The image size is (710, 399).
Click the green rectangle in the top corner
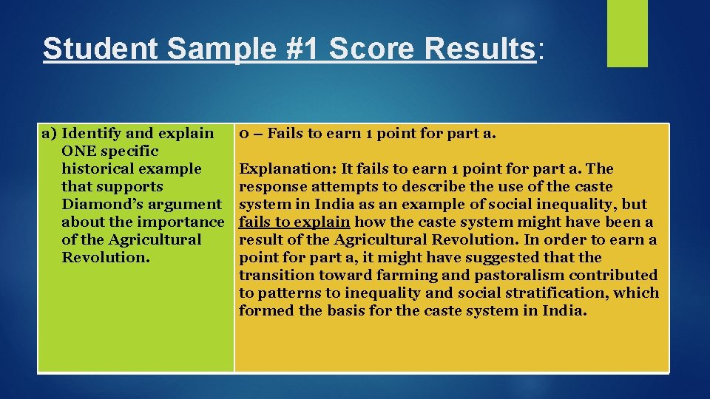627,33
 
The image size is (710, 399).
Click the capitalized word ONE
78,151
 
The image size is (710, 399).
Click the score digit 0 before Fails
242,134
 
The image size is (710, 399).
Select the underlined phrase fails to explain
294,222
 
